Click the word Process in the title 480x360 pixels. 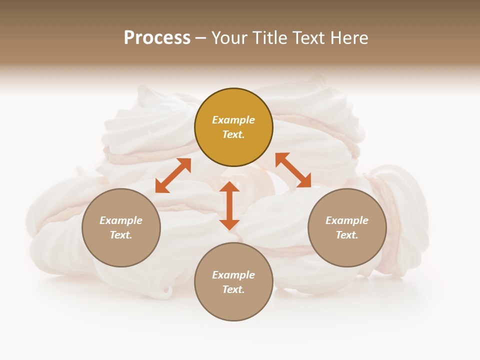157,38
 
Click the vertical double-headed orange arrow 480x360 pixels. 229,205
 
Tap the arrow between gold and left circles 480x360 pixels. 173,175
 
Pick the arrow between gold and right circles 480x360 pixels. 293,170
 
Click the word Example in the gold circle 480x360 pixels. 233,120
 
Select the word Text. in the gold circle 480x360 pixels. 233,134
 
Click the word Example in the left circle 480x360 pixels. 121,220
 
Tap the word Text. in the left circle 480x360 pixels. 121,235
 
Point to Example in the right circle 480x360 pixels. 347,220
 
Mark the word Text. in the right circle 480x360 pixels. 347,235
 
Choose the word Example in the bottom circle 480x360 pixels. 233,275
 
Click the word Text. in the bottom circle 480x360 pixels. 233,289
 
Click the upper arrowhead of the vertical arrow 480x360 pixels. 229,187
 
